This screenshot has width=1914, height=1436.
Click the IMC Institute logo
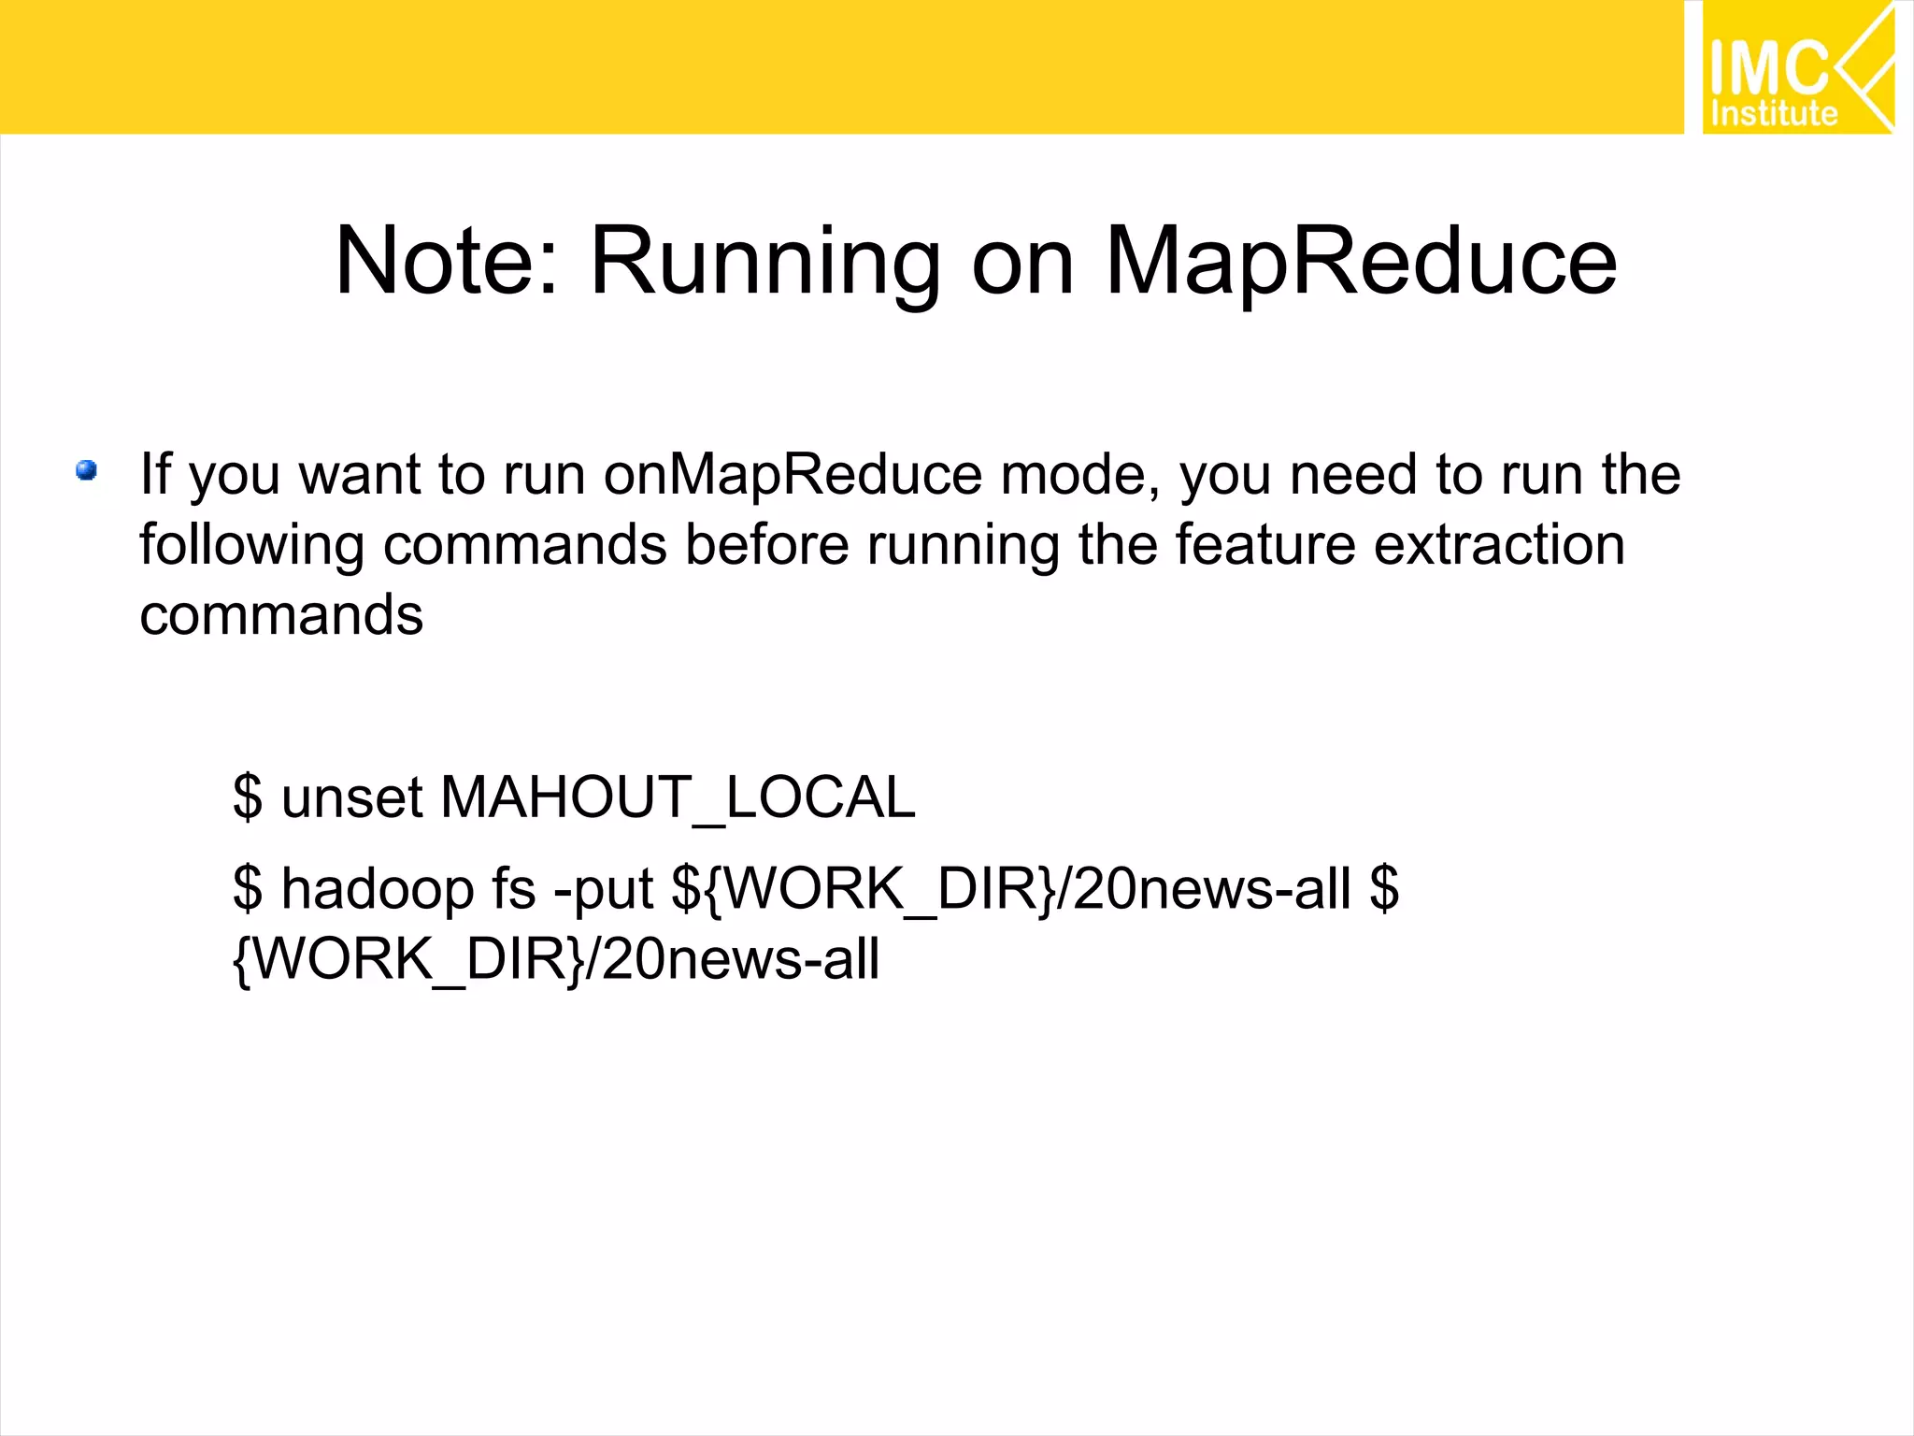[x=1797, y=67]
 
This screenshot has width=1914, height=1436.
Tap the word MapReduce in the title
[x=1361, y=263]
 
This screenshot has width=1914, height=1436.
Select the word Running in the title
[x=765, y=265]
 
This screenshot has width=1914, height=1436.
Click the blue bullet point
[x=87, y=470]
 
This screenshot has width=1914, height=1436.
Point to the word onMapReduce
[x=793, y=475]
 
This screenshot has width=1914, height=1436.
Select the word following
[x=251, y=546]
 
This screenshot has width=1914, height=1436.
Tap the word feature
[x=1265, y=545]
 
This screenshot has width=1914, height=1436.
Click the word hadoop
[x=378, y=889]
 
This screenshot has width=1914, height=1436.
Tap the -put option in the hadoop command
[x=603, y=889]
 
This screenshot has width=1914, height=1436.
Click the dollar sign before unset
[x=248, y=797]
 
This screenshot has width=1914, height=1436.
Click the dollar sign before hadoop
[x=248, y=888]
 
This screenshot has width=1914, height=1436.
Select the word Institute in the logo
[x=1774, y=113]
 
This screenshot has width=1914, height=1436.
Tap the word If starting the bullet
[x=155, y=474]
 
